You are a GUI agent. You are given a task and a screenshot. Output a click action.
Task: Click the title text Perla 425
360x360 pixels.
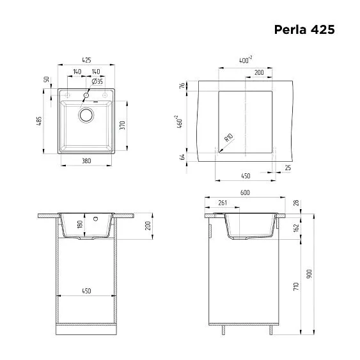pos(304,29)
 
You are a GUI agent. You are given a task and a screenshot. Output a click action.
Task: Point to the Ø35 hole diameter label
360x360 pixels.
pos(97,82)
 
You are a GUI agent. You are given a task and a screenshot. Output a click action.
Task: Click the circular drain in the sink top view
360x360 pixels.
pos(85,116)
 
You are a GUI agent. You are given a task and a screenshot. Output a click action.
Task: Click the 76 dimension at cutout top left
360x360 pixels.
pos(182,85)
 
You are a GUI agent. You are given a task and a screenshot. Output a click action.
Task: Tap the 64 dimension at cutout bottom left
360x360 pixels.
pos(182,157)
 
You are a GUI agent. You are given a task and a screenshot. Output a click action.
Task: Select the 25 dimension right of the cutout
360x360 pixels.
pos(288,168)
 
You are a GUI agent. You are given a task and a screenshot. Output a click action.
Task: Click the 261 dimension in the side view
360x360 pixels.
pos(223,203)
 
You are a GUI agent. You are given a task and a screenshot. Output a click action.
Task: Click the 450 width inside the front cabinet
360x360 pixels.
pos(86,291)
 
